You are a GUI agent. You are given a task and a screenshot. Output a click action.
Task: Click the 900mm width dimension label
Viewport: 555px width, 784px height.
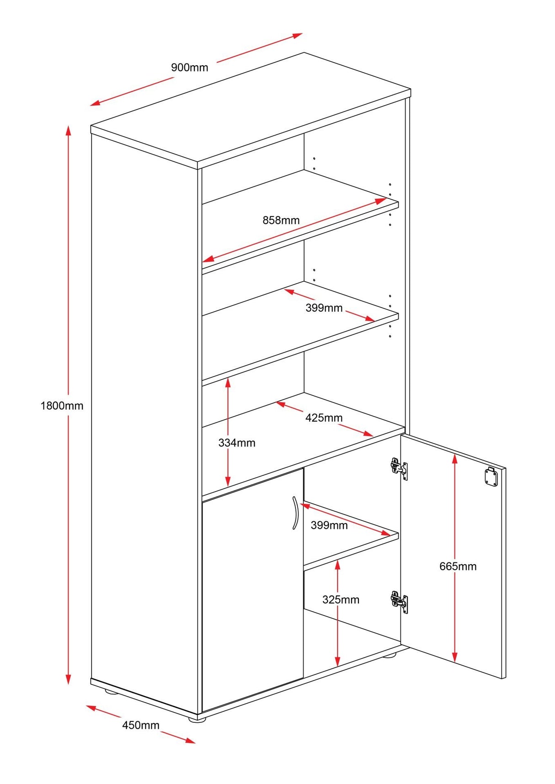pyautogui.click(x=189, y=68)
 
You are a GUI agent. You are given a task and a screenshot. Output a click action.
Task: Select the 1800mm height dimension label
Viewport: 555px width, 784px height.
pyautogui.click(x=62, y=406)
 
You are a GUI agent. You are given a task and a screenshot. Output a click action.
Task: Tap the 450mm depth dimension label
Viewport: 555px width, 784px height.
pyautogui.click(x=140, y=725)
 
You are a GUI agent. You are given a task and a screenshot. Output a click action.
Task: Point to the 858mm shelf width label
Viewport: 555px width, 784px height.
pyautogui.click(x=281, y=220)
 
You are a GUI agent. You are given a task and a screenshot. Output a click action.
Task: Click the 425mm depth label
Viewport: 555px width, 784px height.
pyautogui.click(x=324, y=418)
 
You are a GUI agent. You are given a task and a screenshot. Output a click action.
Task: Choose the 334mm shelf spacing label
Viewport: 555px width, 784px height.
pyautogui.click(x=236, y=443)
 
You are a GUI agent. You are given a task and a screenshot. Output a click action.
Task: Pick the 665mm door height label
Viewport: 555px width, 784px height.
pyautogui.click(x=458, y=567)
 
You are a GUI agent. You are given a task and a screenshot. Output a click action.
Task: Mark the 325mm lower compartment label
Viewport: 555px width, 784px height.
pyautogui.click(x=341, y=600)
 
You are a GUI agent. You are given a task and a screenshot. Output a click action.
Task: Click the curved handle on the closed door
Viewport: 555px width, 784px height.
pyautogui.click(x=295, y=513)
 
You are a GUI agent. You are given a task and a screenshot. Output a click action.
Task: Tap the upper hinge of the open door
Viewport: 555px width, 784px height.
pyautogui.click(x=399, y=468)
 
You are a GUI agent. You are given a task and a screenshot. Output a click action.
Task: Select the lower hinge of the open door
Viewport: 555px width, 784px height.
pyautogui.click(x=399, y=601)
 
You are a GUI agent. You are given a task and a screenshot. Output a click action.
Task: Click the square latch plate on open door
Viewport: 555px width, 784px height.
pyautogui.click(x=491, y=477)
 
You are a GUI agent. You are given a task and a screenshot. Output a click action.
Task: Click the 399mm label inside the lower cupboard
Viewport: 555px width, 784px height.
pyautogui.click(x=329, y=525)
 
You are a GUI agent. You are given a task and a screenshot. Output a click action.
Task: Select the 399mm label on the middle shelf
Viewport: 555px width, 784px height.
pyautogui.click(x=324, y=308)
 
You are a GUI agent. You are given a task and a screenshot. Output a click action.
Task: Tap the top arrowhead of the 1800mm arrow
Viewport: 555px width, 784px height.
pyautogui.click(x=69, y=130)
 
